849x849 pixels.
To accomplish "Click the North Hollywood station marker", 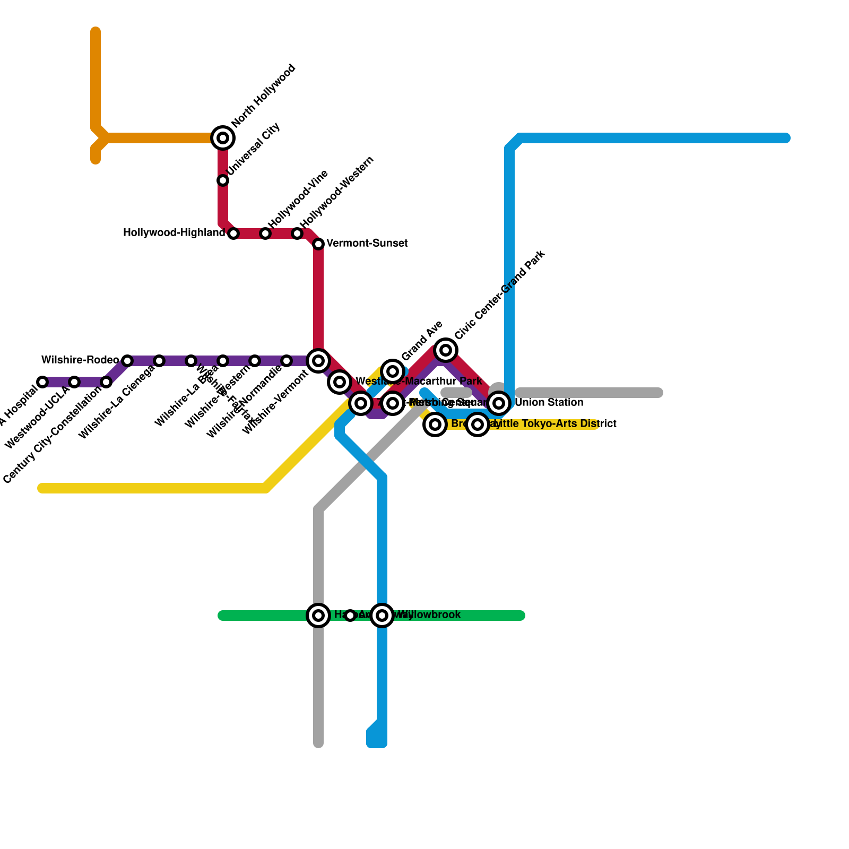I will (x=223, y=138).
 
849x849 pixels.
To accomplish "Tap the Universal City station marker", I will (x=223, y=180).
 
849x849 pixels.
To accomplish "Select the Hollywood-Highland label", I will (x=174, y=233).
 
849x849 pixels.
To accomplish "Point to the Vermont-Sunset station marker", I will (x=318, y=244).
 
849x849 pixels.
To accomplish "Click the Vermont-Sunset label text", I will (x=367, y=244).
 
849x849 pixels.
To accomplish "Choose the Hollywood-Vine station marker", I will (x=265, y=233).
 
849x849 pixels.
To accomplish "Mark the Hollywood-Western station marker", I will (x=297, y=233).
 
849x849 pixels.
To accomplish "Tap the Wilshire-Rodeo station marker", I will (x=127, y=361).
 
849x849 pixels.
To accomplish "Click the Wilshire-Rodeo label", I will (x=80, y=360).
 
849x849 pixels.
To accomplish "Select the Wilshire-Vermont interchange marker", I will (x=318, y=361).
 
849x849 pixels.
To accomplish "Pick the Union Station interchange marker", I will (x=499, y=403).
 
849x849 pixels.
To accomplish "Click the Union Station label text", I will (x=549, y=403).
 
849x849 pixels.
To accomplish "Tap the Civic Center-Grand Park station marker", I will (x=446, y=350).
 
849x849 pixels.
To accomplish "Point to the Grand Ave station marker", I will (x=393, y=371).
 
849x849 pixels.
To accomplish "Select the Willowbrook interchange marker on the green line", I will (x=382, y=616).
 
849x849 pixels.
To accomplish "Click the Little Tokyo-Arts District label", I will (x=555, y=424).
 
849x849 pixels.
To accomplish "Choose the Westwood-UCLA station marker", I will (x=74, y=382).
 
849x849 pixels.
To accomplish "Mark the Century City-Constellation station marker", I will (x=106, y=382).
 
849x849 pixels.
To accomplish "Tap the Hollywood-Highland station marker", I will (x=233, y=233).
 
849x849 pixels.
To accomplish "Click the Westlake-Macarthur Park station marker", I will (x=340, y=382).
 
